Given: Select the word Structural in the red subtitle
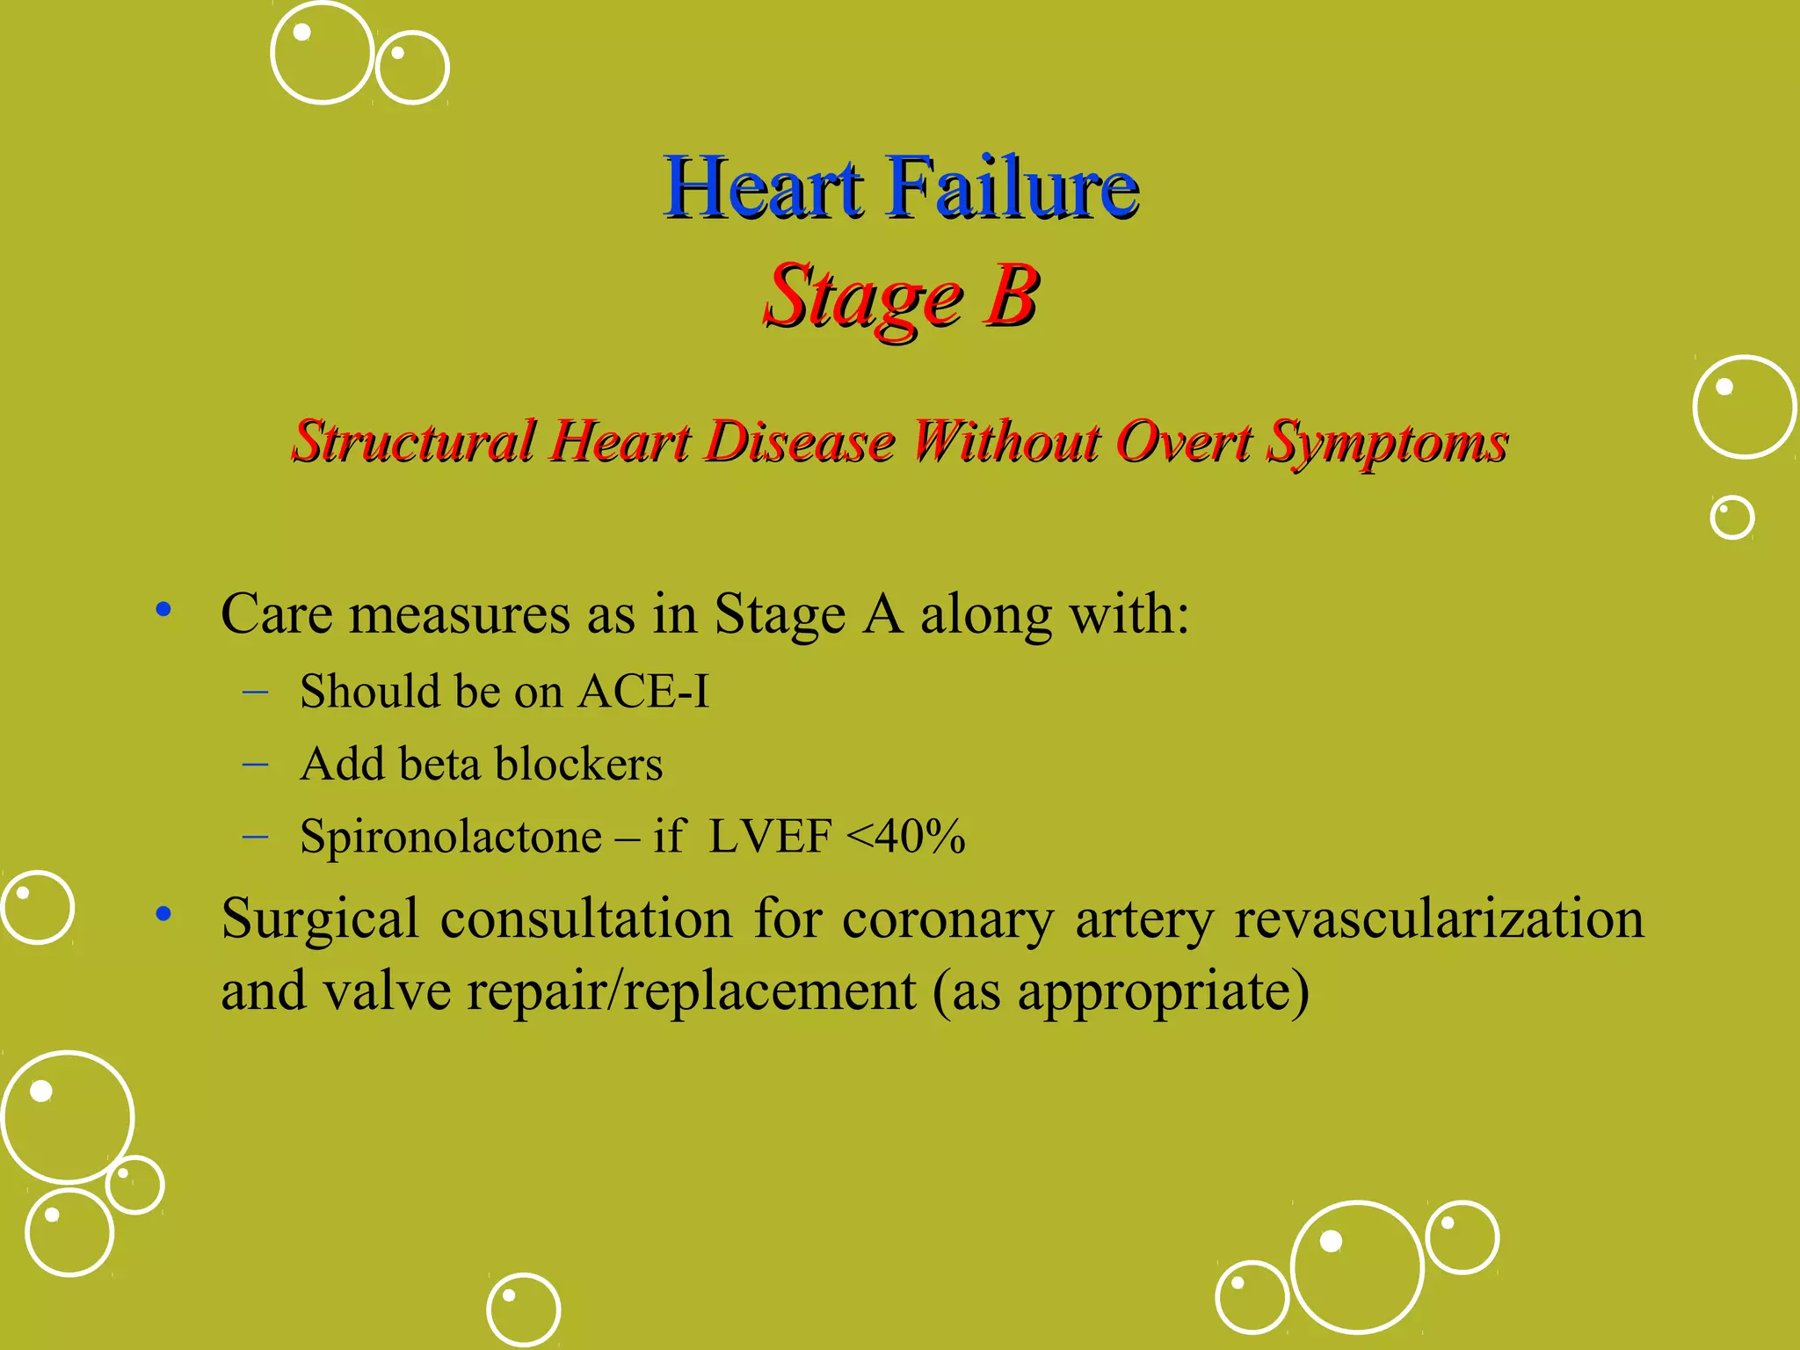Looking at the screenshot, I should pos(414,441).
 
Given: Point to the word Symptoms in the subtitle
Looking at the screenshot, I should pos(1387,443).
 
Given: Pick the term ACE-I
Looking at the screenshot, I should pos(643,692).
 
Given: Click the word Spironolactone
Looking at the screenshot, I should pos(450,836).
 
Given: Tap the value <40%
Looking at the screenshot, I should pos(905,836).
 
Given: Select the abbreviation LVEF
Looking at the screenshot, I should pos(770,836).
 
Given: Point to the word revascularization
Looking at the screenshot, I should pos(1439,919).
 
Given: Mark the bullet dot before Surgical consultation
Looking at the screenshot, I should pos(163,915).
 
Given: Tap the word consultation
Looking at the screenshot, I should pos(586,919).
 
